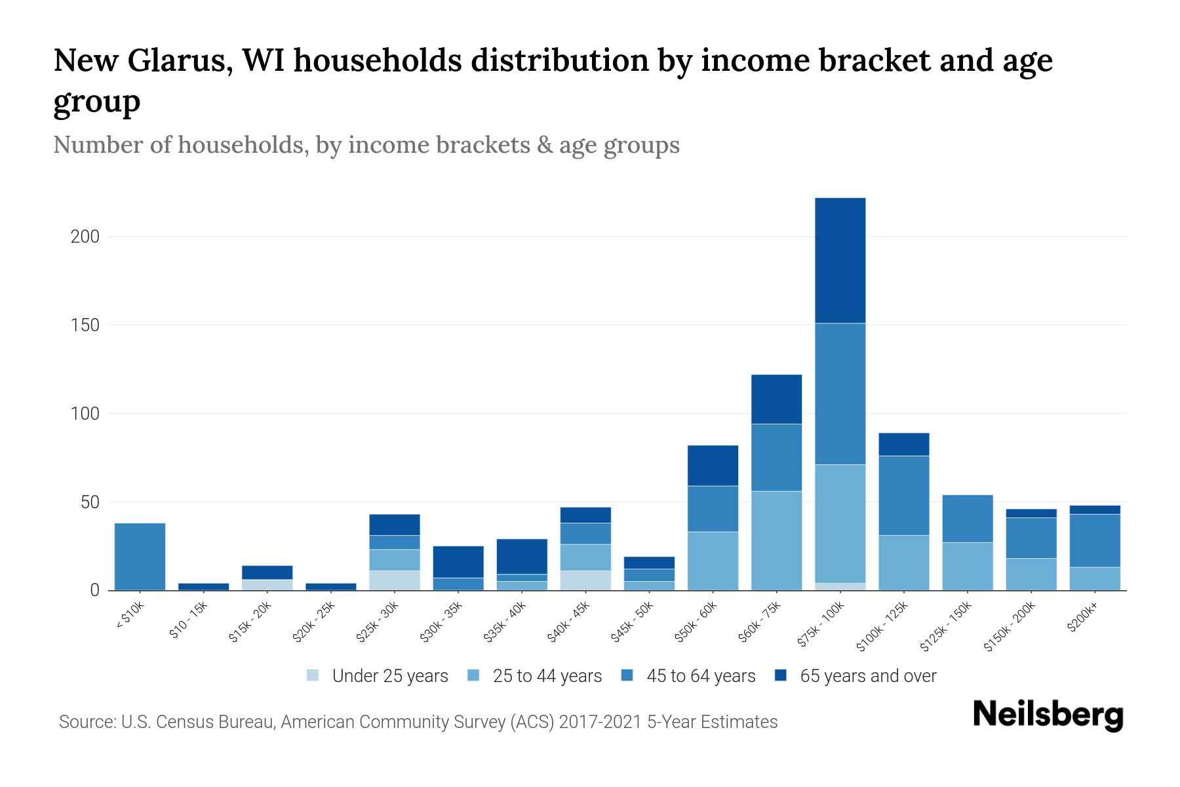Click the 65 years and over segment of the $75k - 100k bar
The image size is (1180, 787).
click(x=840, y=260)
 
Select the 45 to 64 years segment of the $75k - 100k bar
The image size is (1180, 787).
click(x=840, y=393)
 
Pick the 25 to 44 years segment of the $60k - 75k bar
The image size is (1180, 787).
click(x=776, y=540)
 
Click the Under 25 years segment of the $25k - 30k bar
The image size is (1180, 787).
click(x=395, y=580)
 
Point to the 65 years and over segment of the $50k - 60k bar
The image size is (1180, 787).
click(x=713, y=466)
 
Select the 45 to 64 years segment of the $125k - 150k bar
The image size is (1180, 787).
click(x=967, y=518)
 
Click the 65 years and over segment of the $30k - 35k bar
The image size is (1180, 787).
click(x=458, y=561)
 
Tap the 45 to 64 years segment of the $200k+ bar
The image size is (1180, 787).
click(x=1094, y=540)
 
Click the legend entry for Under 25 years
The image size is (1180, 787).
click(x=389, y=676)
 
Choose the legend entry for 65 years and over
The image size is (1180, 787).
click(x=867, y=676)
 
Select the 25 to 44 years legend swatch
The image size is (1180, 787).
click(x=473, y=676)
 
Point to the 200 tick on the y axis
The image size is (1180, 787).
click(x=85, y=237)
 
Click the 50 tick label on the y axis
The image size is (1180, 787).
click(x=90, y=503)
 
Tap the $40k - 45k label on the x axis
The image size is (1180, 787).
click(x=569, y=622)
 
